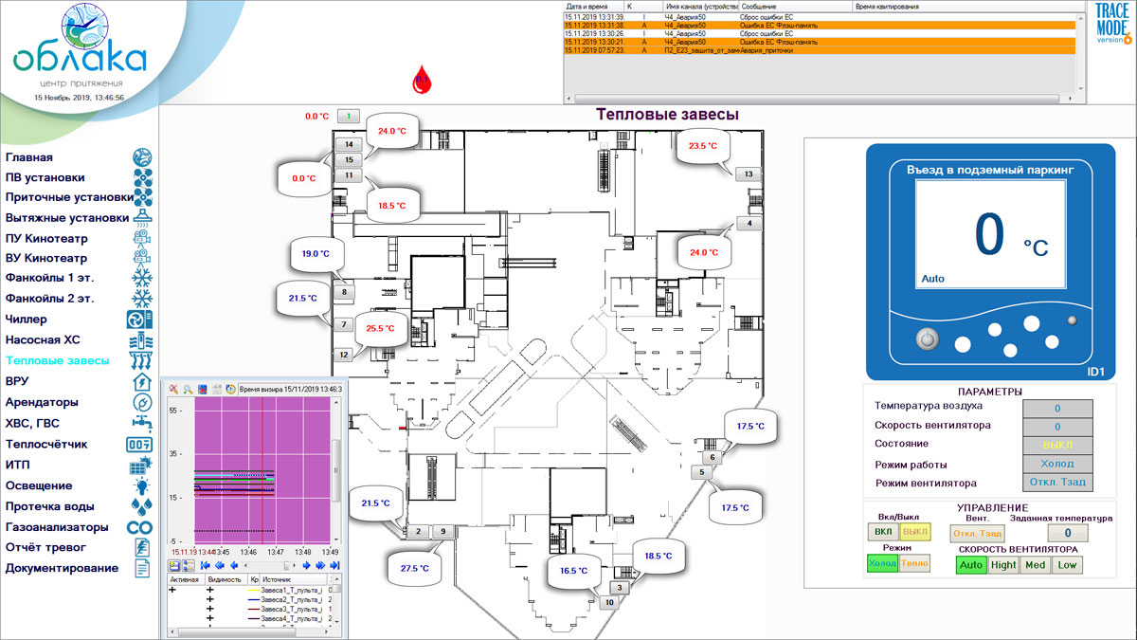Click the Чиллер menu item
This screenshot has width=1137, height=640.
pyautogui.click(x=26, y=319)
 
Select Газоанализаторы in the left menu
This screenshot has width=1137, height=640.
pyautogui.click(x=57, y=527)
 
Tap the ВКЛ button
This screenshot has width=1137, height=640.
pyautogui.click(x=883, y=532)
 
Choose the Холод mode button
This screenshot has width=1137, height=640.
pyautogui.click(x=882, y=563)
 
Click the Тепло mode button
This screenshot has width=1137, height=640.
pyautogui.click(x=914, y=563)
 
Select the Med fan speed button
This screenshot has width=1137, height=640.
pyautogui.click(x=1036, y=565)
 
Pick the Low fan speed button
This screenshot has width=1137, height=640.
pyautogui.click(x=1067, y=565)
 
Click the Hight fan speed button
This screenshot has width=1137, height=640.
pyautogui.click(x=1002, y=565)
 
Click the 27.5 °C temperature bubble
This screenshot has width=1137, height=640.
pyautogui.click(x=415, y=568)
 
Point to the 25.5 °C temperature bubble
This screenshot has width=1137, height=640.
pyautogui.click(x=379, y=329)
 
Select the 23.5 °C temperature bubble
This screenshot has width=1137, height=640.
pyautogui.click(x=703, y=146)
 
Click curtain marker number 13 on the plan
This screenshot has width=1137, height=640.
pyautogui.click(x=748, y=174)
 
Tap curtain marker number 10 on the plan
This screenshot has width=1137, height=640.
pyautogui.click(x=609, y=601)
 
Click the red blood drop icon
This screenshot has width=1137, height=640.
pyautogui.click(x=422, y=81)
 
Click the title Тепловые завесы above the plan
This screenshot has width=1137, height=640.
pyautogui.click(x=667, y=115)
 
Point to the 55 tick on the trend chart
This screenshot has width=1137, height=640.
pyautogui.click(x=175, y=411)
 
